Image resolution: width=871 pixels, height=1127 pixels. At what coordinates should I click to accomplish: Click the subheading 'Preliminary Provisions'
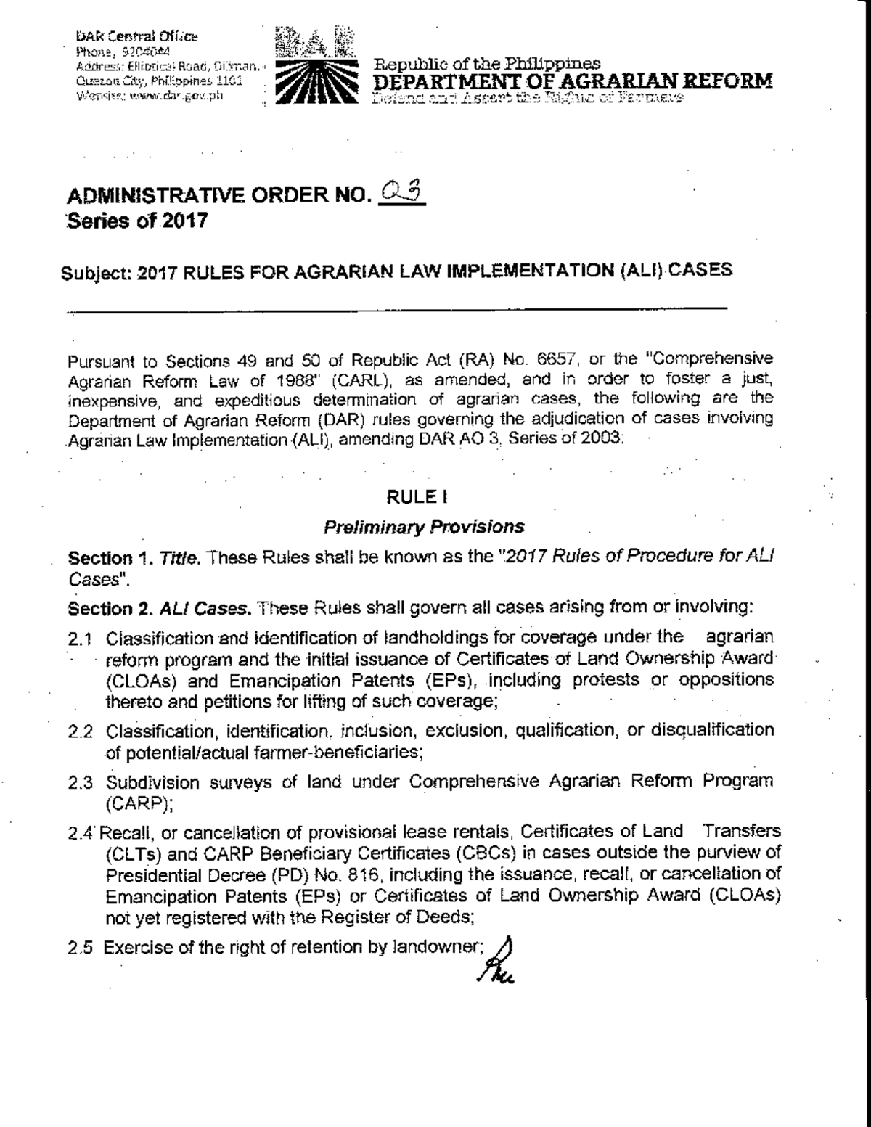[x=424, y=526]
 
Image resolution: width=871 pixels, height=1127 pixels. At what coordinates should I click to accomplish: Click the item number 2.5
[x=81, y=947]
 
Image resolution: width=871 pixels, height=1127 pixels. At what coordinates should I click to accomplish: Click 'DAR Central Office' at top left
[x=137, y=36]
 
